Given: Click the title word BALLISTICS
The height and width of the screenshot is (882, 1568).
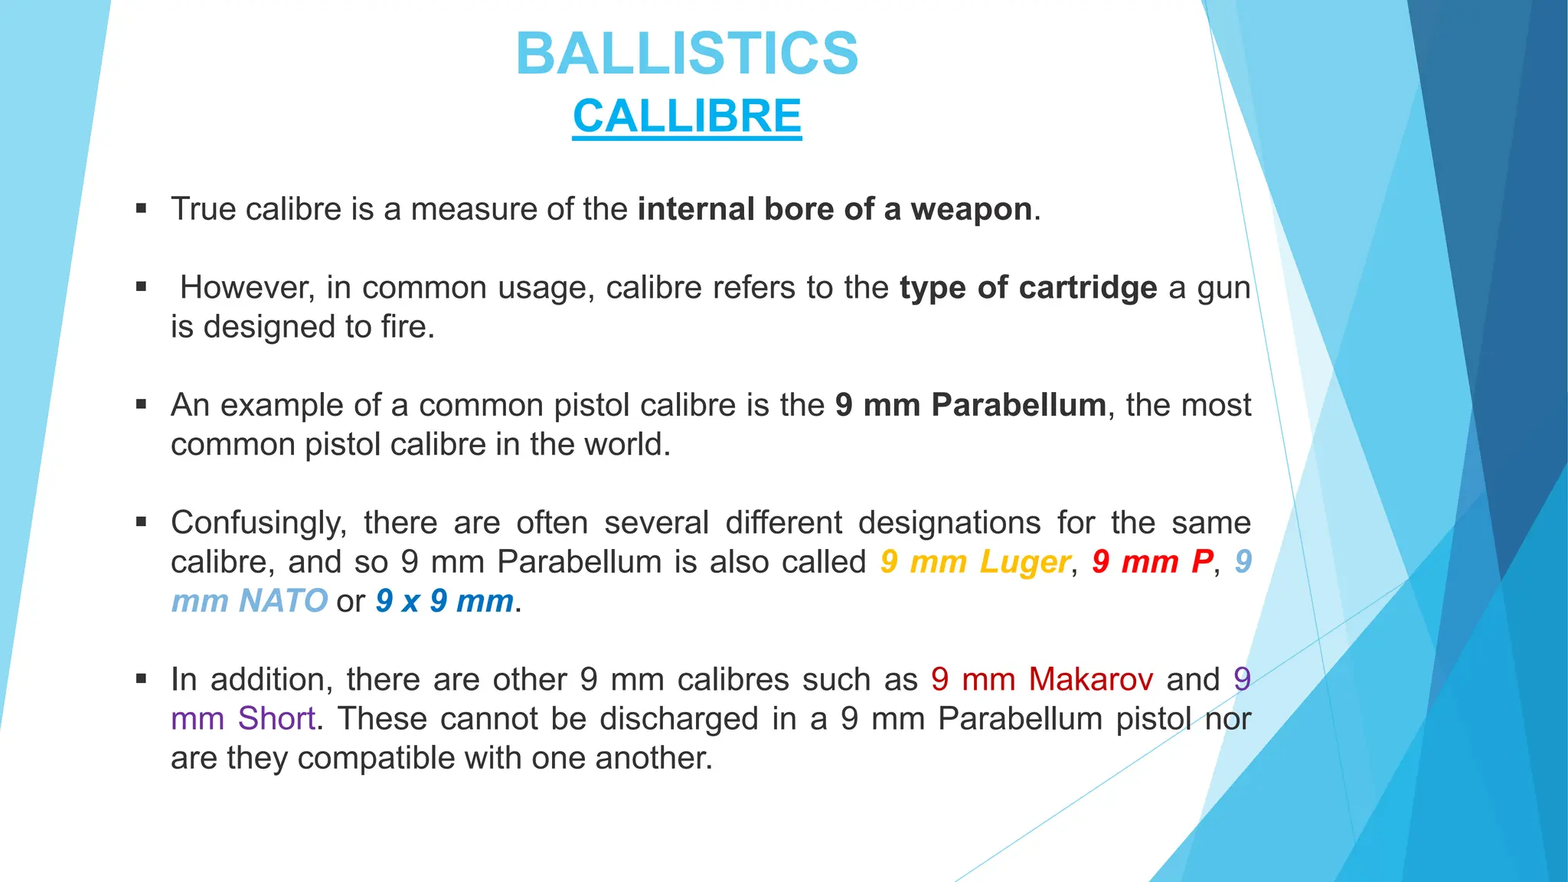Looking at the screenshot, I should (687, 54).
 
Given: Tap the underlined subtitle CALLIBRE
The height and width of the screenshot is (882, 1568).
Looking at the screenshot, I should (687, 116).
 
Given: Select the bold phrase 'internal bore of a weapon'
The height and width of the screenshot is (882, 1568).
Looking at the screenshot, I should (835, 209).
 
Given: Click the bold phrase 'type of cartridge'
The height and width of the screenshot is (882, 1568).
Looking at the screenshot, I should (1028, 288).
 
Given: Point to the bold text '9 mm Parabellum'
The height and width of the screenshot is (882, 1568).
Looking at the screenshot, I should (970, 405).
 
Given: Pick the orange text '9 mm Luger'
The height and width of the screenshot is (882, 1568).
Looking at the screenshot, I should (975, 562).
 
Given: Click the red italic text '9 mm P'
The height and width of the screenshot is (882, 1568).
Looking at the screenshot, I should (1152, 562).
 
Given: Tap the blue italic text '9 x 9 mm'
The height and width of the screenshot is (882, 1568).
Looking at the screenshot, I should (444, 601).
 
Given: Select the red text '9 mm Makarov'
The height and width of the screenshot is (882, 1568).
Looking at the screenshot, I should (1042, 679).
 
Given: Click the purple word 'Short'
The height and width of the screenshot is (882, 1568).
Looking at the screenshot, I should (276, 719).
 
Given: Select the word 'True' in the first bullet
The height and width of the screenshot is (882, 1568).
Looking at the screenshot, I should (203, 209).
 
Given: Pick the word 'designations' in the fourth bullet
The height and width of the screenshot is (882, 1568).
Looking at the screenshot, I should (949, 523).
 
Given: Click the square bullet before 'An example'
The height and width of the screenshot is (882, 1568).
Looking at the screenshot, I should (141, 404).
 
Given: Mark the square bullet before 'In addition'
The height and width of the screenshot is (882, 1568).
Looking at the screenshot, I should (141, 678).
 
